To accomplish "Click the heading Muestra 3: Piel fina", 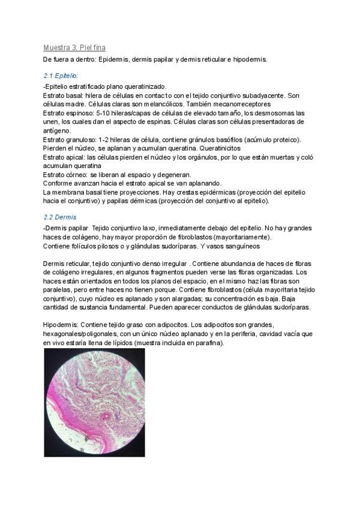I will tap(75, 47).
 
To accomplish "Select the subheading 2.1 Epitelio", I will tap(61, 76).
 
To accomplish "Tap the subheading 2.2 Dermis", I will tap(60, 217).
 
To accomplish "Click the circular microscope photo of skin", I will tap(94, 402).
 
